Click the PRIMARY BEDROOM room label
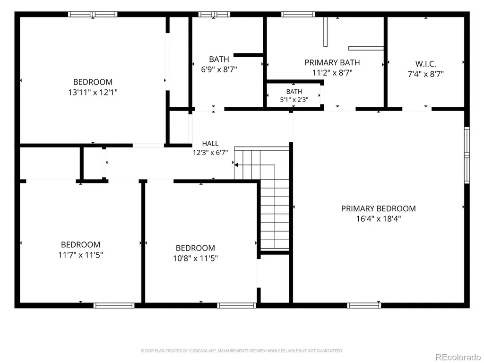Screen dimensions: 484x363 click(379, 208)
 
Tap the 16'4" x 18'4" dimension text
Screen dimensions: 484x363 click(379, 219)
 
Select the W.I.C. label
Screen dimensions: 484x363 click(426, 64)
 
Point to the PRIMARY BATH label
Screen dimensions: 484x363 click(332, 63)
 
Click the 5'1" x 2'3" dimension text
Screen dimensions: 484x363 click(294, 100)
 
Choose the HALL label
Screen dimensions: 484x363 click(210, 143)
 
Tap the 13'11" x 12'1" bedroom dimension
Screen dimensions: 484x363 click(93, 92)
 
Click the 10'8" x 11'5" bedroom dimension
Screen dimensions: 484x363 click(195, 258)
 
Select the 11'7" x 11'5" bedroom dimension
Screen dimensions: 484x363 click(80, 255)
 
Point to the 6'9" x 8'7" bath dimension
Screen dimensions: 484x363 click(219, 69)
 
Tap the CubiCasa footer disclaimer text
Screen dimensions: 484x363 click(242, 351)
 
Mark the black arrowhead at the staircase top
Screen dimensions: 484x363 click(236, 165)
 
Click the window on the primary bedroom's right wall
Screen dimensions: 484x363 click(467, 155)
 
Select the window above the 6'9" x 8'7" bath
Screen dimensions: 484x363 click(214, 14)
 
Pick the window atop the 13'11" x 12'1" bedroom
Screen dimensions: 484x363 click(93, 14)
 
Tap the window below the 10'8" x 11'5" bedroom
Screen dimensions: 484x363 click(237, 306)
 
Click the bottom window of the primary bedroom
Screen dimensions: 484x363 click(364, 306)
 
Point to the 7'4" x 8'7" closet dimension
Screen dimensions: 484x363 click(426, 74)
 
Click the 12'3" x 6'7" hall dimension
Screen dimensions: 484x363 click(210, 153)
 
